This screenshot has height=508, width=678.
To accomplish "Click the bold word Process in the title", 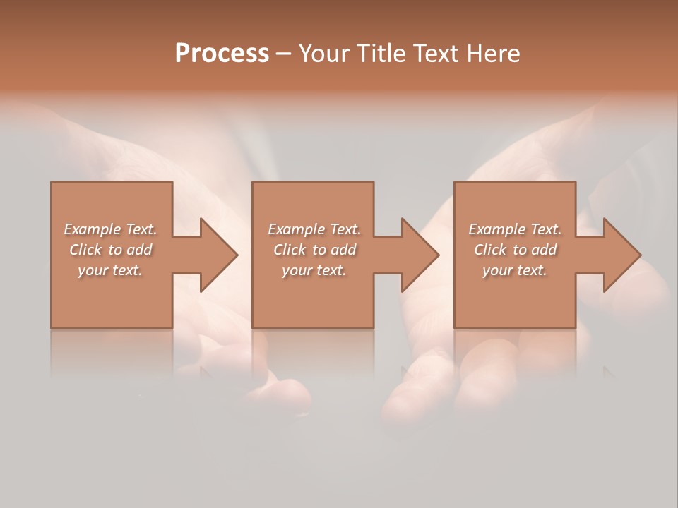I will (x=222, y=54).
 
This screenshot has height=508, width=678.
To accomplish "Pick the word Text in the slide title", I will (x=435, y=54).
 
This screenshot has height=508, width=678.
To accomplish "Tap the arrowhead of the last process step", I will (x=621, y=255).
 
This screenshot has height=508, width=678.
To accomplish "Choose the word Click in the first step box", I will (x=85, y=250).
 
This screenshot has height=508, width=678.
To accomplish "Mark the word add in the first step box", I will (x=140, y=250).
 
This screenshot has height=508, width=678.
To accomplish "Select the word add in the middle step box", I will (x=344, y=250).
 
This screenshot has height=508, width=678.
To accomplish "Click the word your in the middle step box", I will (x=295, y=270).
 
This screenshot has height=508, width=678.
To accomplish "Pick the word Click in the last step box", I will (x=490, y=250).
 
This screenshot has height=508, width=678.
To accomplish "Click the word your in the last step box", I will (x=496, y=270).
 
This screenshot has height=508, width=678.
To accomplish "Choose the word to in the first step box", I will (x=116, y=250).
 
